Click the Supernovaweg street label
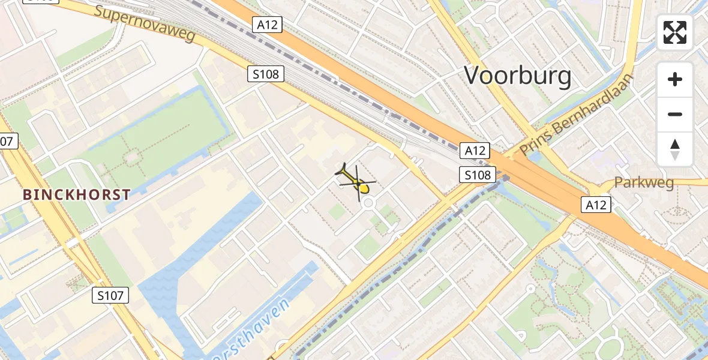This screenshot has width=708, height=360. click(x=145, y=23)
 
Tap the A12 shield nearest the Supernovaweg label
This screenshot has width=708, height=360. click(x=267, y=25)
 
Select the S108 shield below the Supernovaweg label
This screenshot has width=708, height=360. click(x=266, y=74)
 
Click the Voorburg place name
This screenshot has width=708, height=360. click(x=518, y=76)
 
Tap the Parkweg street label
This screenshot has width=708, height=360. click(x=644, y=182)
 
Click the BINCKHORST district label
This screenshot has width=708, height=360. click(x=77, y=194)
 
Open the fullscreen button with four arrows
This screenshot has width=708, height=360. click(x=675, y=32)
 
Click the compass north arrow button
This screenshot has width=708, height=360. click(x=675, y=149)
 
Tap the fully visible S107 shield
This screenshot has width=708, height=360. click(x=111, y=295)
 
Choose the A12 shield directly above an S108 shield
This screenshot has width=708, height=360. click(x=475, y=151)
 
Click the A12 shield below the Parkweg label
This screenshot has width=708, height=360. click(x=596, y=205)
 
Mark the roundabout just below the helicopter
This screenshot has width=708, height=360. click(x=368, y=204)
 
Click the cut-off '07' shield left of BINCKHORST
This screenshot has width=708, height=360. click(x=7, y=142)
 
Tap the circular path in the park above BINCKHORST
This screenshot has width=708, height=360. click(x=131, y=157)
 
